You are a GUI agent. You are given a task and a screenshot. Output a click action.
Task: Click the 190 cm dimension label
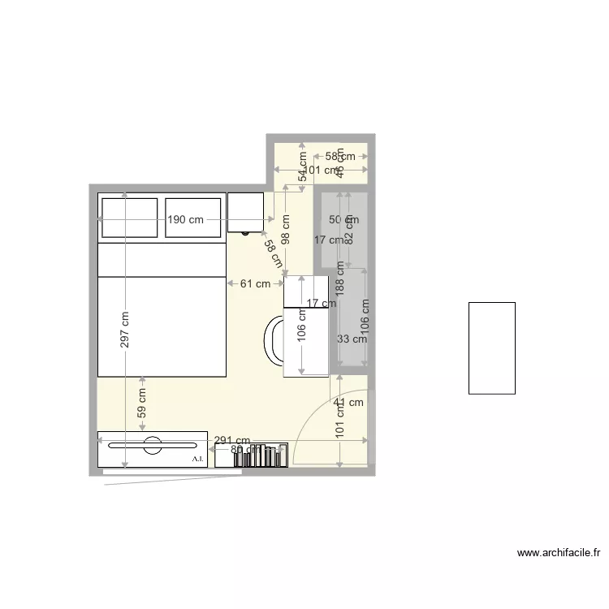pyautogui.click(x=185, y=219)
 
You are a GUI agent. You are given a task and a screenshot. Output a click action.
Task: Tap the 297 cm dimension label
pyautogui.click(x=125, y=330)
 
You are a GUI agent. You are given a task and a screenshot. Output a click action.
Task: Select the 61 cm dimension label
pyautogui.click(x=256, y=283)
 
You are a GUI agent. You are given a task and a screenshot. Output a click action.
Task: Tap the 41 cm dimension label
pyautogui.click(x=349, y=401)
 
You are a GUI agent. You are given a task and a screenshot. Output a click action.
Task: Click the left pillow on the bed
pyautogui.click(x=128, y=217)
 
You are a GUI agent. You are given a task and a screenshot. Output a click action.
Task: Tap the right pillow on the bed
pyautogui.click(x=194, y=217)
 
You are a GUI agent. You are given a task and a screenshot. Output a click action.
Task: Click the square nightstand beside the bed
pyautogui.click(x=245, y=212)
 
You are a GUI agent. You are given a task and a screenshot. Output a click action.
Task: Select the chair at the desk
pyautogui.click(x=273, y=339)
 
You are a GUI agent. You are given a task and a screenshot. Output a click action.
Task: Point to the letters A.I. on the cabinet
pyautogui.click(x=197, y=459)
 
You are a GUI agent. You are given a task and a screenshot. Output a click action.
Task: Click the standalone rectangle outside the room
pyautogui.click(x=491, y=348)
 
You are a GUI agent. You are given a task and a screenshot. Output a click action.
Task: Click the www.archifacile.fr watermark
pyautogui.click(x=559, y=554)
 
